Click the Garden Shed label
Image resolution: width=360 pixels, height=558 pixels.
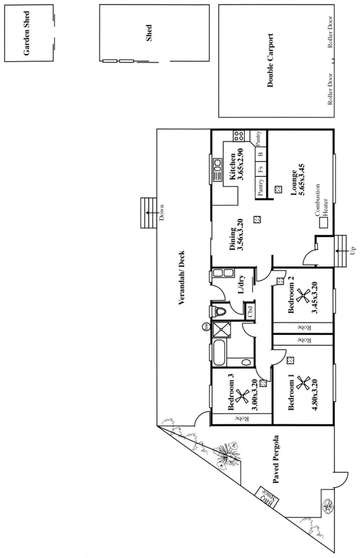27,33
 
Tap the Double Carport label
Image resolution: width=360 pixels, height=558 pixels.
270,60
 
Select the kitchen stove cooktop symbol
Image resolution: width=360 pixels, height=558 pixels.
238,136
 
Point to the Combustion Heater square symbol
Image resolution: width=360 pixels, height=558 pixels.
324,222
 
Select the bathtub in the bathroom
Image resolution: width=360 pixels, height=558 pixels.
220,354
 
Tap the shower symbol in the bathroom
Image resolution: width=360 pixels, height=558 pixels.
221,329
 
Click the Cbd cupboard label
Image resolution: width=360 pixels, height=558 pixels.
251,311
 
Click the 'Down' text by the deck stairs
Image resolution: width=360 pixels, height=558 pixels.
162,212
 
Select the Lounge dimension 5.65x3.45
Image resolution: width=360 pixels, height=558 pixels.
301,180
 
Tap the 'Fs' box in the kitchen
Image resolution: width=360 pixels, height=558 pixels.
261,169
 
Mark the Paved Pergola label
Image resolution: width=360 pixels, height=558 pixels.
276,461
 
